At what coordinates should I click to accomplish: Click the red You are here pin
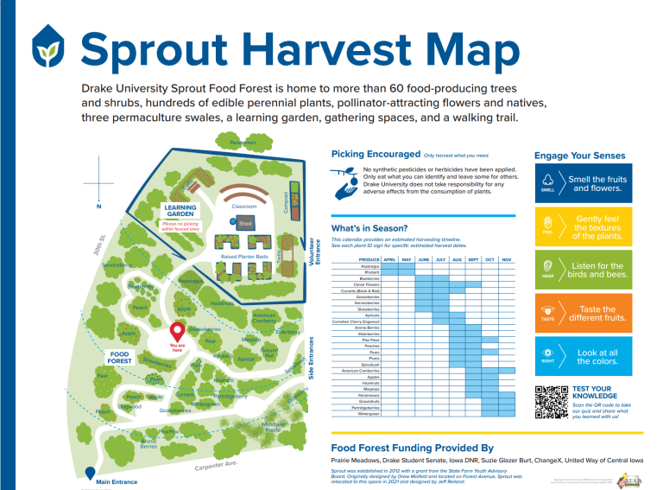click(178, 332)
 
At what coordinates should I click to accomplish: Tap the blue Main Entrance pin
click(90, 474)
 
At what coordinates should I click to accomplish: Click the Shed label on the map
click(245, 223)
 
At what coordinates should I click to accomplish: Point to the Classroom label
click(244, 207)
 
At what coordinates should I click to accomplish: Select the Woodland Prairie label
click(274, 427)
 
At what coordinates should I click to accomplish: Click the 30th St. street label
click(99, 247)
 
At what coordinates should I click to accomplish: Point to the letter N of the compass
click(99, 206)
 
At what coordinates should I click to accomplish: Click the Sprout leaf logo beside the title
click(48, 48)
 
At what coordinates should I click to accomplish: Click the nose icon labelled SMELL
click(548, 182)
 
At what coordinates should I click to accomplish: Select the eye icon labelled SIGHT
click(548, 354)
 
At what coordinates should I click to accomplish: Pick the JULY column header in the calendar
click(440, 259)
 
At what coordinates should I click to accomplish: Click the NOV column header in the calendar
click(507, 259)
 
